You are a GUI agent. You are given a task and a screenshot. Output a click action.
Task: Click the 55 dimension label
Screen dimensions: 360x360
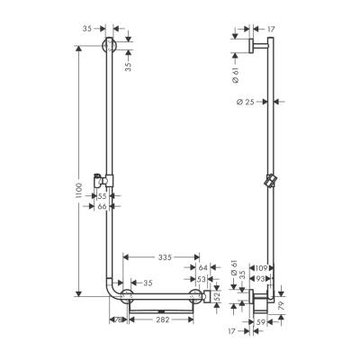[x=102, y=195]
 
